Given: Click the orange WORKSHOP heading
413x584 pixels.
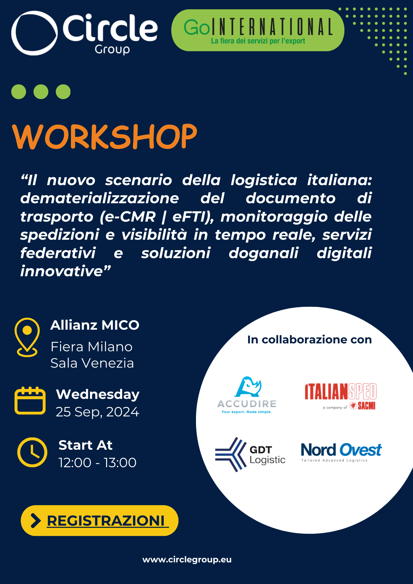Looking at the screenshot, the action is click(105, 136).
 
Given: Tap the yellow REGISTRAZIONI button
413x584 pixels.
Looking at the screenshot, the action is click(100, 520).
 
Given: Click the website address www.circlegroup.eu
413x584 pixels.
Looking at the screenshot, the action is click(187, 559).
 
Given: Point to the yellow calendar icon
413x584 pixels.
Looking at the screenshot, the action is click(30, 400).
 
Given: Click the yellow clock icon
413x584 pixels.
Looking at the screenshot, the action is click(32, 452).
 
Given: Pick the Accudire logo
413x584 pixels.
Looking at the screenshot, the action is click(247, 395).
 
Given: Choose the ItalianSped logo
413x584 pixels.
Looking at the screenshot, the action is click(341, 396).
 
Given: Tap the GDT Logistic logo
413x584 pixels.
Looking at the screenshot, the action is click(250, 454).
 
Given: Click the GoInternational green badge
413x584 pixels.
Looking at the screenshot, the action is click(258, 30).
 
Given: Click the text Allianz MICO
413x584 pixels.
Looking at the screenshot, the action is click(95, 325).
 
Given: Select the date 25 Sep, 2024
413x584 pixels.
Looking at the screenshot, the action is click(97, 412).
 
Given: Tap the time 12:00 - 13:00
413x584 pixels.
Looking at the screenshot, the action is click(97, 463).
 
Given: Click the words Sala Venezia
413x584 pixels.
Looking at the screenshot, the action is click(92, 363).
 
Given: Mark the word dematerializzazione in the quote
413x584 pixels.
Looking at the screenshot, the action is click(100, 198).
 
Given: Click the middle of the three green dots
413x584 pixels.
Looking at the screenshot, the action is click(41, 92).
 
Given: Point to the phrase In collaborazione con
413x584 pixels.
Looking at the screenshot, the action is click(309, 340).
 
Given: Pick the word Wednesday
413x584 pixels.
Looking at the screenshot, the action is click(98, 394).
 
